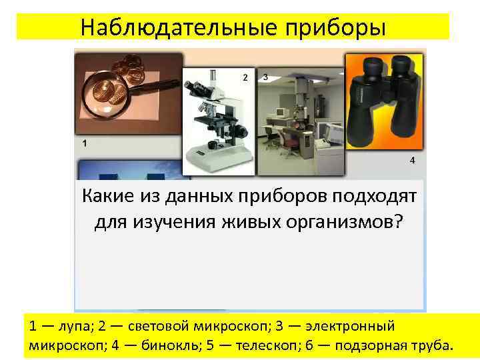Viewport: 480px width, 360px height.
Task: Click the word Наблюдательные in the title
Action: pyautogui.click(x=177, y=27)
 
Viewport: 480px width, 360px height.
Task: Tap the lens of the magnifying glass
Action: pyautogui.click(x=107, y=96)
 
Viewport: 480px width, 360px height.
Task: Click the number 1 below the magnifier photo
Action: pyautogui.click(x=84, y=143)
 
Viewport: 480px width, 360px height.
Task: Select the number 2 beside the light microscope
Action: pyautogui.click(x=245, y=78)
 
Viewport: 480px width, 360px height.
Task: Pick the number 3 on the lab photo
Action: pyautogui.click(x=266, y=77)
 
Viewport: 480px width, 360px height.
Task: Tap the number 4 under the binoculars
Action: pyautogui.click(x=412, y=161)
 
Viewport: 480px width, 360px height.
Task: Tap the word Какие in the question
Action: pyautogui.click(x=105, y=197)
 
